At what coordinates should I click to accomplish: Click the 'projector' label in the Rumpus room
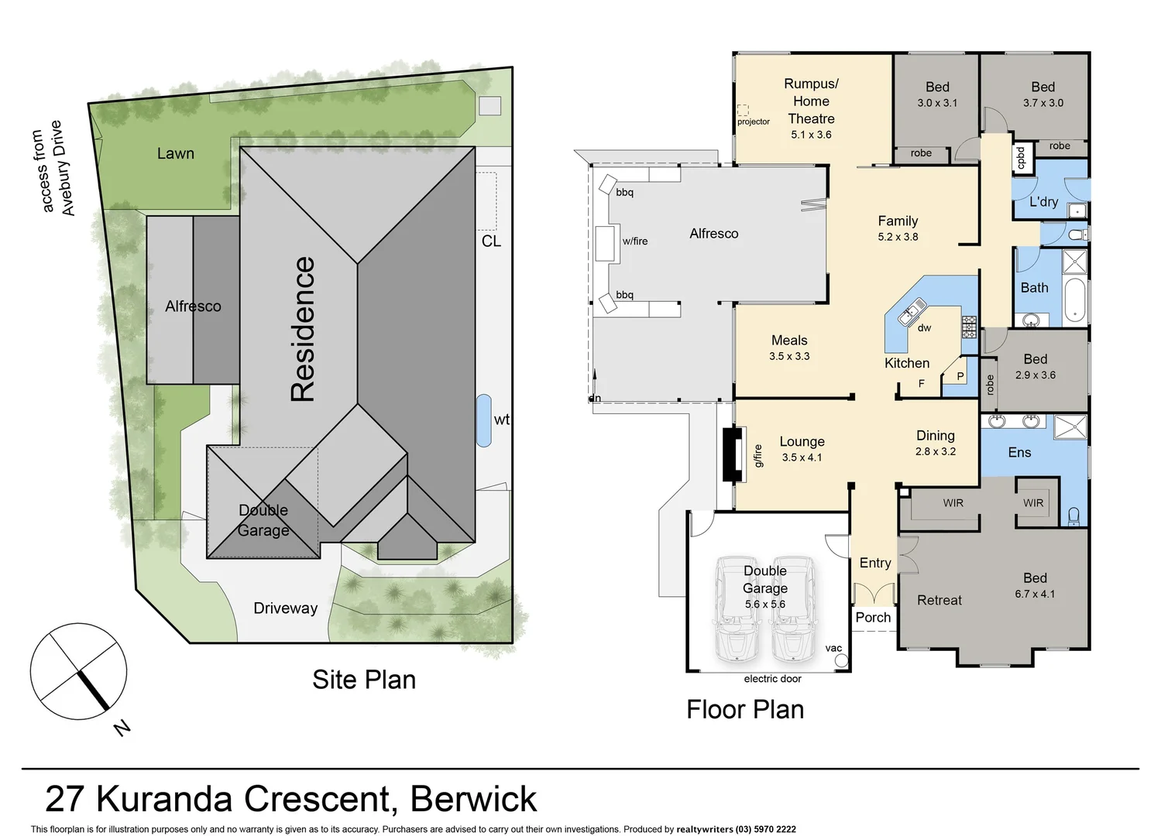pos(753,122)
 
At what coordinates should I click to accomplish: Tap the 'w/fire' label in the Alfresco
pos(635,241)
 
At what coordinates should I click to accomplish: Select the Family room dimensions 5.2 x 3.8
pos(898,237)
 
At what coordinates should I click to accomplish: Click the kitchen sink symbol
pos(908,313)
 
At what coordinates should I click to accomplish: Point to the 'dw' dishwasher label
pos(924,327)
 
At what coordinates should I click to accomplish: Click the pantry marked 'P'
pos(960,376)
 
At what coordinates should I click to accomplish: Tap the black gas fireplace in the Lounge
pos(728,454)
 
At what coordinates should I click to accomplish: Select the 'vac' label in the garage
pos(833,648)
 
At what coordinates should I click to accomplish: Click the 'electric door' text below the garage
pos(772,679)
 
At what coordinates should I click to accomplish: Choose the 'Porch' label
pos(873,617)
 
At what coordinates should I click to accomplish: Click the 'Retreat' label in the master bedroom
pos(939,600)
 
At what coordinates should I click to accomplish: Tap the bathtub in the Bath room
pos(1075,299)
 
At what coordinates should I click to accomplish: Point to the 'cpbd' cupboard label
pos(1021,158)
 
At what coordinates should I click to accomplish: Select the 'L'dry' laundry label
pos(1043,202)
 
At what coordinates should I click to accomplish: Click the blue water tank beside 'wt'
pos(483,420)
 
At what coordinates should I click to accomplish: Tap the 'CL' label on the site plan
pos(491,242)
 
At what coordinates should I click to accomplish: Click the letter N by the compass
pos(122,728)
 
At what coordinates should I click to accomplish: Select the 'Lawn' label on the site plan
pos(176,153)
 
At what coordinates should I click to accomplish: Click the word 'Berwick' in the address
pos(473,799)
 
